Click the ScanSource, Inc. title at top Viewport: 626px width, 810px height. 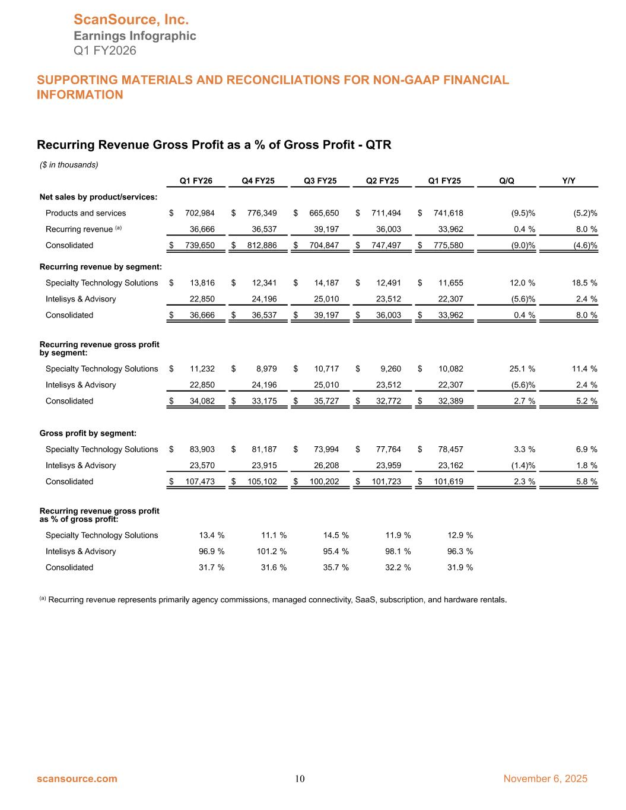point(131,20)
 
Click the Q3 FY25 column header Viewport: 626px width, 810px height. point(320,181)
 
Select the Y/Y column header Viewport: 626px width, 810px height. point(568,181)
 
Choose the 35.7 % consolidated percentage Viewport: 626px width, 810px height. point(336,567)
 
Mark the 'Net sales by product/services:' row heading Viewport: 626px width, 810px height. point(98,196)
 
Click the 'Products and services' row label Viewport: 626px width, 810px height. point(85,213)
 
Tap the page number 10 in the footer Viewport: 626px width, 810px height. point(300,779)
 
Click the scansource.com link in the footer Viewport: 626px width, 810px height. point(77,779)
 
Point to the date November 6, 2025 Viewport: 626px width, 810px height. point(545,779)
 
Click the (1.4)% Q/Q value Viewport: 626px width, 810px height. point(523,465)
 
